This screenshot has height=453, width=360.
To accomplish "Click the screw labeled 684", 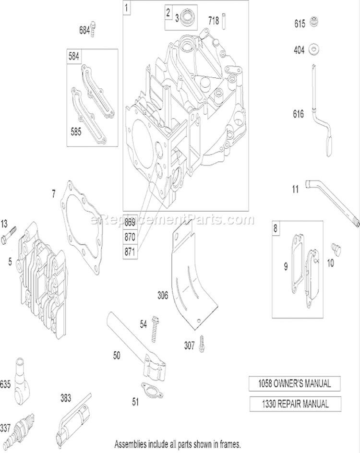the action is point(93,29).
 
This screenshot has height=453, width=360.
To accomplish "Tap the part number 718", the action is point(214,21).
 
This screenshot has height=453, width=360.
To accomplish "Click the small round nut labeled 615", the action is point(314,22).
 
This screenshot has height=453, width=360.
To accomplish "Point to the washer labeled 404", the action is point(314,49).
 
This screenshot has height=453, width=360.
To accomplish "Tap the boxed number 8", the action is point(275,228).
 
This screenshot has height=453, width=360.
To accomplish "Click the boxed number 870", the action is point(130,237).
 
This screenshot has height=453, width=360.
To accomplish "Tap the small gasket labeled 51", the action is point(152,390).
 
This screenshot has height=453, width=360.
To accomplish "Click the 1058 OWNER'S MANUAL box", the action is point(295,384).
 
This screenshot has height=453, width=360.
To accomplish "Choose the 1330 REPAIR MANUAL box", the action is point(295,404).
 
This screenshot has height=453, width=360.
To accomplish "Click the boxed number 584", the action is point(74,56).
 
